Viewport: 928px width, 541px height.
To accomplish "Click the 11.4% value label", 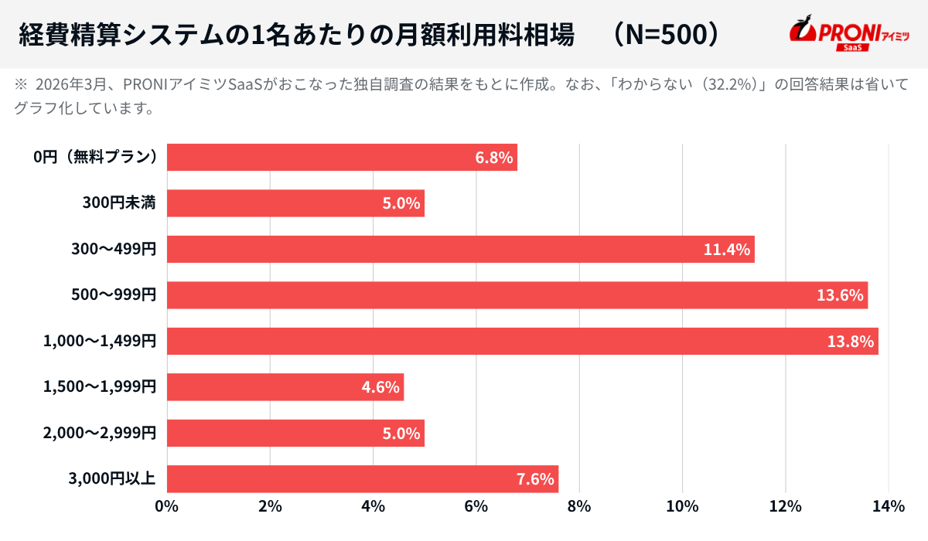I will coord(727,250).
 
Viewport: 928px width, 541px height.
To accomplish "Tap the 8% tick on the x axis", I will coord(579,507).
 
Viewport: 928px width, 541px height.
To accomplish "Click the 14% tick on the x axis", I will coord(888,507).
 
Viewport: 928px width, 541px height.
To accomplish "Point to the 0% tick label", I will coord(167,507).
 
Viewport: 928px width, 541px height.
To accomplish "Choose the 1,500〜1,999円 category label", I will coord(101,386).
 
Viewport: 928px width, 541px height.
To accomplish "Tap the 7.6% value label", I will coord(535,479).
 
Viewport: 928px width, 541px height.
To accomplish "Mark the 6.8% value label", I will coord(494,158).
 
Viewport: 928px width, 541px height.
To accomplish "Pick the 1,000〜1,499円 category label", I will coord(101,341).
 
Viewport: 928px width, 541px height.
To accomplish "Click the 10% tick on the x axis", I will coord(682,507).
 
